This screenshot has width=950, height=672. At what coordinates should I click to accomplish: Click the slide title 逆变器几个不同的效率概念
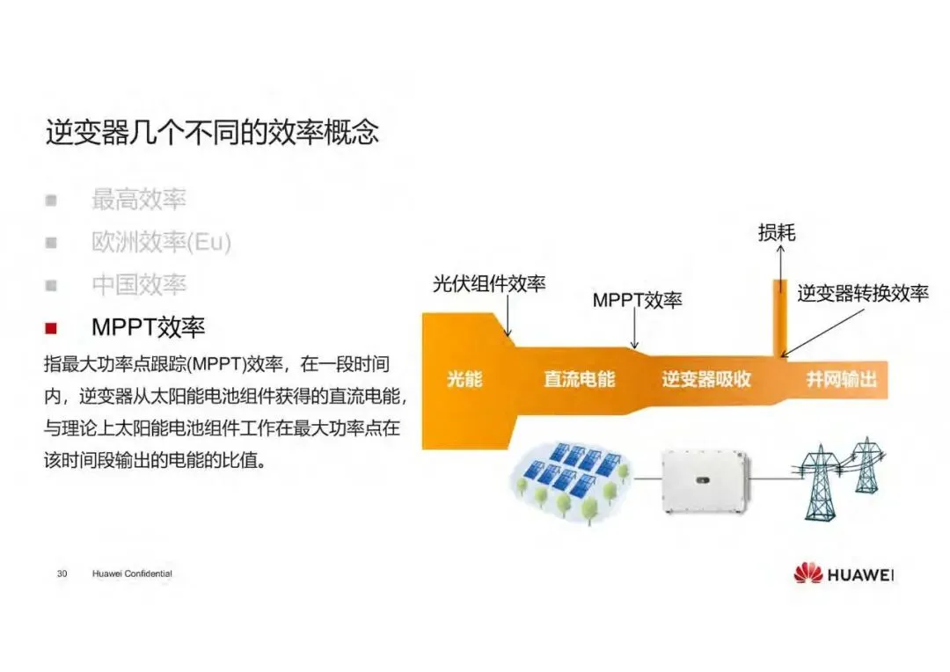click(x=212, y=132)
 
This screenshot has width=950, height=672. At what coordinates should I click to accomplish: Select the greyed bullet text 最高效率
click(x=139, y=200)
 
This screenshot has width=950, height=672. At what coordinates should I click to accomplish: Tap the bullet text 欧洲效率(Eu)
click(x=161, y=242)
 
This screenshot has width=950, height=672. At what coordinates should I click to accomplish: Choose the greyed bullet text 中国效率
click(x=139, y=285)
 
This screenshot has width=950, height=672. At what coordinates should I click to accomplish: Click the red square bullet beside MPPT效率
click(x=51, y=328)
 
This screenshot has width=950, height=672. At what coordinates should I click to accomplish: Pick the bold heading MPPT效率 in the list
click(x=148, y=328)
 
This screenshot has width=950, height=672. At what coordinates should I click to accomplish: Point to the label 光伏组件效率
click(x=489, y=284)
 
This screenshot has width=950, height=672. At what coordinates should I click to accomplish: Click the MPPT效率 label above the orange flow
click(x=637, y=300)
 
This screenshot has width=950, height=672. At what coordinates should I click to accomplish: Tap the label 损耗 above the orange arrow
click(x=777, y=232)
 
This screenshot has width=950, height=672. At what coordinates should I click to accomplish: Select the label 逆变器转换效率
click(x=863, y=294)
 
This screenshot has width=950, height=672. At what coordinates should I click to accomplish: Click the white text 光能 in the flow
click(x=464, y=380)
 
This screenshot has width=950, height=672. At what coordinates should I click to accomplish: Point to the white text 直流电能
click(x=580, y=380)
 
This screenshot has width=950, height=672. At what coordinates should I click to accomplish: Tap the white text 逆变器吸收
click(x=706, y=380)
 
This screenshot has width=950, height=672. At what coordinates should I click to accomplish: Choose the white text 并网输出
click(x=842, y=380)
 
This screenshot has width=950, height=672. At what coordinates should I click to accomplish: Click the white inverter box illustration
click(x=704, y=478)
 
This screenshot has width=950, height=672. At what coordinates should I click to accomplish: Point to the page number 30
click(x=62, y=573)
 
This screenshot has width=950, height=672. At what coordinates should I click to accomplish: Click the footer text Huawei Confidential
click(x=132, y=573)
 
